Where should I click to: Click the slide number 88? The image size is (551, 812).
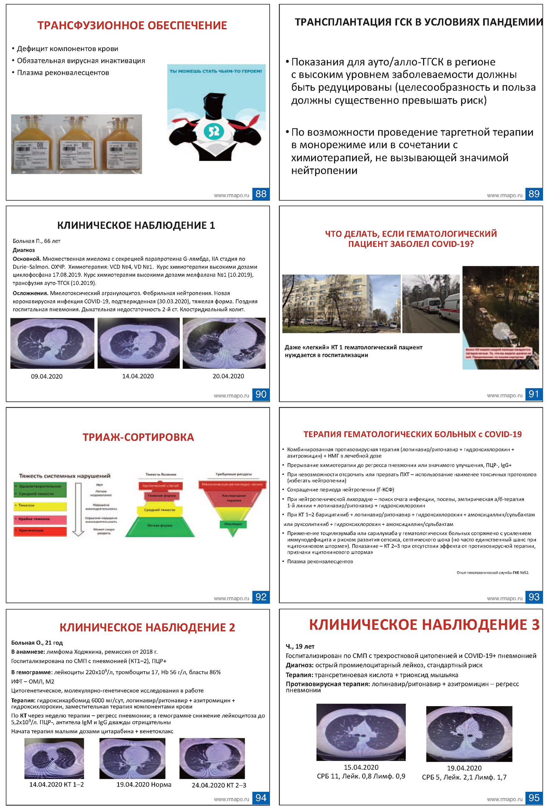[x=261, y=194]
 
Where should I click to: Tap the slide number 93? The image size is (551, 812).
[x=534, y=597]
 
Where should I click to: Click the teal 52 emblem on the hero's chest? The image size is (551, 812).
[x=214, y=130]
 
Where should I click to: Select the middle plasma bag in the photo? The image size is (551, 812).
[x=77, y=144]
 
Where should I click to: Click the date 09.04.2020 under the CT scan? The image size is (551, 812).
[x=47, y=376]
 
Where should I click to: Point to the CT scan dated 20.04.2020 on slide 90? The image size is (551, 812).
[x=224, y=343]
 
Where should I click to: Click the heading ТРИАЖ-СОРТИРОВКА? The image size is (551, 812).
[x=138, y=437]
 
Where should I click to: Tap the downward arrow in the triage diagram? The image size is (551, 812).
[x=78, y=509]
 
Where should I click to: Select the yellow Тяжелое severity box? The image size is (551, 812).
[x=40, y=506]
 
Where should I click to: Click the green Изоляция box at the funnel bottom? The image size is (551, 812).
[x=233, y=524]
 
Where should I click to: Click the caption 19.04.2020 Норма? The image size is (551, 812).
[x=144, y=784]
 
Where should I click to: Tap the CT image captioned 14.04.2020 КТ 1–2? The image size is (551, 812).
[x=54, y=758]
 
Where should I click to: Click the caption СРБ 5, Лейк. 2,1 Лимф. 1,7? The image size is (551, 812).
[x=464, y=777]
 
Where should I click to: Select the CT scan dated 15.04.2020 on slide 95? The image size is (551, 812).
[x=361, y=732]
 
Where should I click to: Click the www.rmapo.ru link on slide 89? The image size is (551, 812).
[x=504, y=196]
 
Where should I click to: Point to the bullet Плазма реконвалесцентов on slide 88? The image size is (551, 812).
[x=63, y=73]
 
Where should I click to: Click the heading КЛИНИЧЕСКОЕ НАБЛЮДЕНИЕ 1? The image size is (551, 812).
[x=136, y=225]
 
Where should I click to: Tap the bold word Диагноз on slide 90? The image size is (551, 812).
[x=24, y=250]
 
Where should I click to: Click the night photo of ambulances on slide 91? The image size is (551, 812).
[x=500, y=317]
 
